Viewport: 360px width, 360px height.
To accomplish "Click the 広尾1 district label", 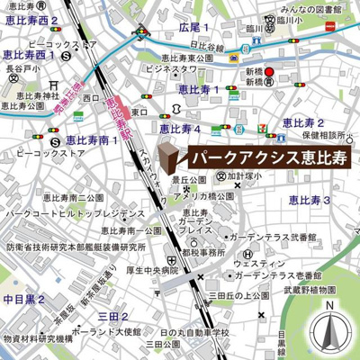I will (x=196, y=28).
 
